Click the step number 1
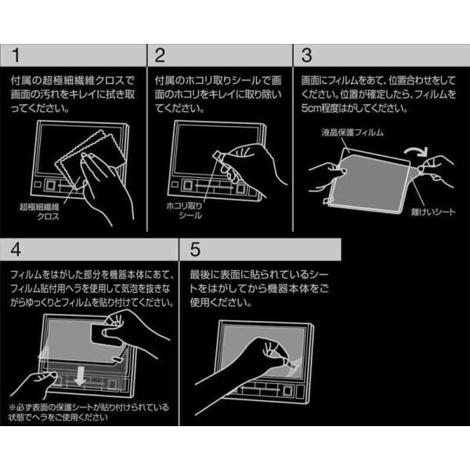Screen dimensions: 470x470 (x=16, y=55)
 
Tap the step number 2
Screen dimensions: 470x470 (x=160, y=55)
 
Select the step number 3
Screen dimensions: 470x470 (x=306, y=55)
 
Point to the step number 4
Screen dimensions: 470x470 (x=16, y=249)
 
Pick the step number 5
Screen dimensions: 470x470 (x=195, y=249)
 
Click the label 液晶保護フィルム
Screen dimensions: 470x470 (x=352, y=132)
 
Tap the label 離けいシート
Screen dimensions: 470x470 (x=433, y=212)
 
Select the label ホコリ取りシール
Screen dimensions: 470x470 (x=185, y=211)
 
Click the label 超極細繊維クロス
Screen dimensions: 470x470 (x=40, y=211)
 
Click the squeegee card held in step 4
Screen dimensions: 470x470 (x=107, y=336)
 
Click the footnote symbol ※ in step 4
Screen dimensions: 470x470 (x=12, y=407)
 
